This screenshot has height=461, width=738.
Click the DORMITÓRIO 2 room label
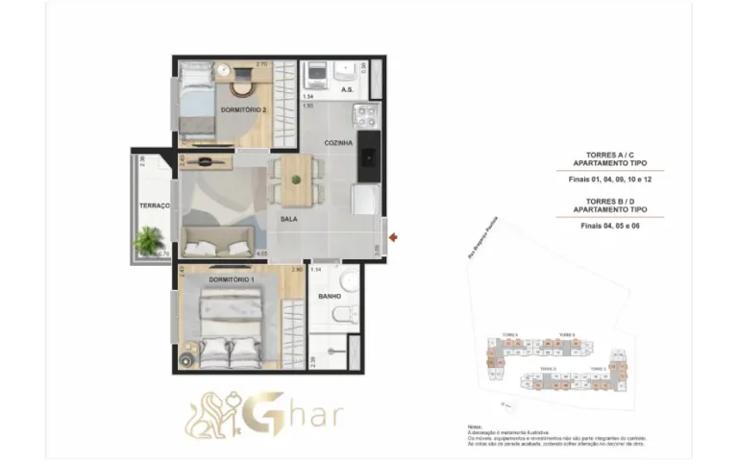(x=244, y=110)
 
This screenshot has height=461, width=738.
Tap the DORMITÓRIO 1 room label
(x=231, y=279)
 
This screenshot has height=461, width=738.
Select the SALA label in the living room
(x=288, y=219)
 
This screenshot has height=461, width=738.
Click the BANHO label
(x=330, y=297)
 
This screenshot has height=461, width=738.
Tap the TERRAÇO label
(x=155, y=206)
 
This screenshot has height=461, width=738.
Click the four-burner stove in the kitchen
(x=367, y=117)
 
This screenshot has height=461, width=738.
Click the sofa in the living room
(x=220, y=241)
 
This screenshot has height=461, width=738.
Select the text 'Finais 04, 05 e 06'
(x=609, y=226)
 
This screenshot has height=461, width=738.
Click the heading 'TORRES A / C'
(x=609, y=154)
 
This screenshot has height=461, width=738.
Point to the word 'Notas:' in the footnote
(x=474, y=425)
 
